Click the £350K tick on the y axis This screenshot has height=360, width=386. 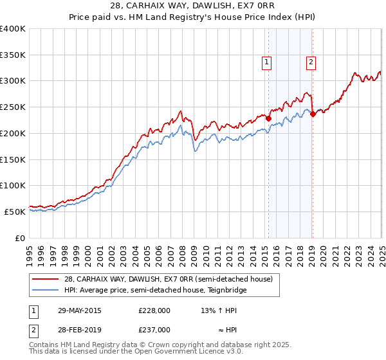point(13,55)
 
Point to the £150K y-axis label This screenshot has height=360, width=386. point(13,159)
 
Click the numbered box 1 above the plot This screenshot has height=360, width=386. point(266,62)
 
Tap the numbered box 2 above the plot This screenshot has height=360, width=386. point(311,62)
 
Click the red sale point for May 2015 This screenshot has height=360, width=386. point(268,118)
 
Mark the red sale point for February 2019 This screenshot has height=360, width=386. point(313,114)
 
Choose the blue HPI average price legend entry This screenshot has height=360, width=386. point(155,291)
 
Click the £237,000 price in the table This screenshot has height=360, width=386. point(154,330)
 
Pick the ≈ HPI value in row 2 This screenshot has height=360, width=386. point(219,330)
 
